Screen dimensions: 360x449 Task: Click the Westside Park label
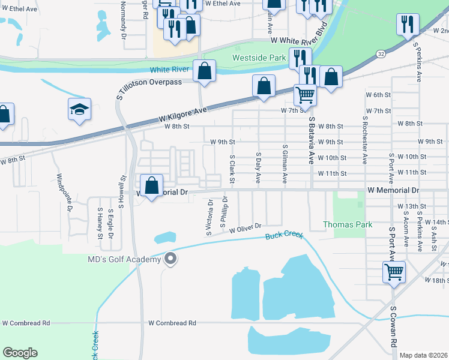[260, 58]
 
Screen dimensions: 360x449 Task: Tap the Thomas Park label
[348, 224]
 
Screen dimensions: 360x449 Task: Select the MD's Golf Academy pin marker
[170, 259]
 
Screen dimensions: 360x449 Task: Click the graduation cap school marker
[79, 109]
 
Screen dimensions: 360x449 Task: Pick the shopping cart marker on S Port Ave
[394, 272]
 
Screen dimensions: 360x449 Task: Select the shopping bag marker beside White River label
[205, 71]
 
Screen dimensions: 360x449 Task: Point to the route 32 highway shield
[381, 53]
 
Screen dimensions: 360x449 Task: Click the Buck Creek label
[285, 235]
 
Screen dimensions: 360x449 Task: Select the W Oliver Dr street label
[246, 227]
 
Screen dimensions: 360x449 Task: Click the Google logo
[20, 353]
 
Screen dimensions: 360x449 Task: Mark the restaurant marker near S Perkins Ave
[408, 25]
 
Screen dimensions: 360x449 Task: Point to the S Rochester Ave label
[364, 140]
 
